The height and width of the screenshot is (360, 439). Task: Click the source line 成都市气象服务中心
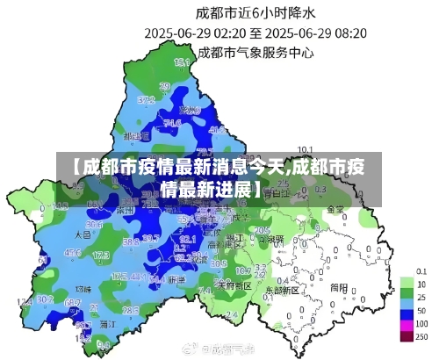[255, 52]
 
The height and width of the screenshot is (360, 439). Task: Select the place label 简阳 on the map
[338, 286]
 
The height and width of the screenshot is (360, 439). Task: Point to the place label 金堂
[335, 210]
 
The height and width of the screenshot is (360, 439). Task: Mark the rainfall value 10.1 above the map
[305, 148]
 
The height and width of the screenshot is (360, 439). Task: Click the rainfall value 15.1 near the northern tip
[183, 62]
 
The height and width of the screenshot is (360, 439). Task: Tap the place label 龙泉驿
[273, 239]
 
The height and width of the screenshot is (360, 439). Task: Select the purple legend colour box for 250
[407, 336]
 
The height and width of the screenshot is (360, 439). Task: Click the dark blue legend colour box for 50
[407, 312]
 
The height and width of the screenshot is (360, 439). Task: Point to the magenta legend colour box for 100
[407, 324]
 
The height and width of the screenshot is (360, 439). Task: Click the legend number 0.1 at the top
[421, 270]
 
